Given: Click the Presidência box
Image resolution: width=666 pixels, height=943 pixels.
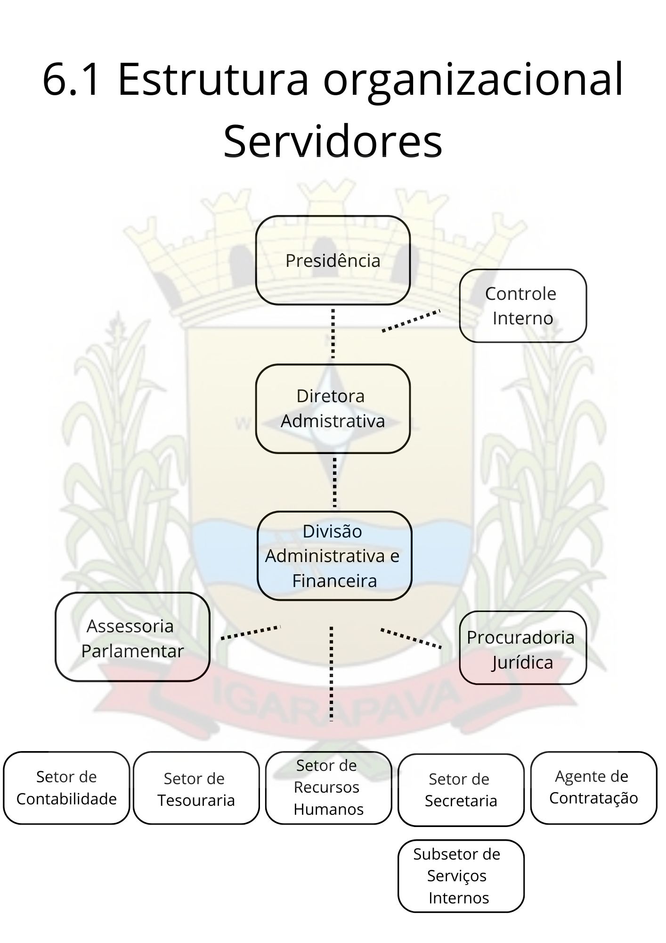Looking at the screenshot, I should (x=333, y=260).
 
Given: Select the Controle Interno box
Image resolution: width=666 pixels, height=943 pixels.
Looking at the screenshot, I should (x=523, y=306).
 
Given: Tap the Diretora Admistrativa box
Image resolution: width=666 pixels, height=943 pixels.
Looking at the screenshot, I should (x=333, y=408).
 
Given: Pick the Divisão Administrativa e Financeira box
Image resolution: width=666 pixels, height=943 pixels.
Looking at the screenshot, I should (x=334, y=555).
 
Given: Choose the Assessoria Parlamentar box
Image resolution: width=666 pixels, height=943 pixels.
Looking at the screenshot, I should (x=132, y=637).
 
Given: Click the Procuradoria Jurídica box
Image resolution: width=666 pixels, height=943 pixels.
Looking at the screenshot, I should (x=523, y=648).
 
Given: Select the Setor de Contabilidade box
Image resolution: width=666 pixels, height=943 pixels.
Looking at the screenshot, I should (x=66, y=788).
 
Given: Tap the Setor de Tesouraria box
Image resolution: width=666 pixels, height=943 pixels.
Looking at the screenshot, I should (x=196, y=788).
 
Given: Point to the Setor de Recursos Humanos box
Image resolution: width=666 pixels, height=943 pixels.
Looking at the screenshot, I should (x=328, y=788).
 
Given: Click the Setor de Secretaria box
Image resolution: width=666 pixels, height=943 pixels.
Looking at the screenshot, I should (x=461, y=790).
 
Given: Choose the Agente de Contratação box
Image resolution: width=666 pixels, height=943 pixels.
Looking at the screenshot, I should (x=593, y=788).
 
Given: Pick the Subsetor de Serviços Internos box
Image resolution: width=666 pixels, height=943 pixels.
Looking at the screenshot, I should (x=461, y=876).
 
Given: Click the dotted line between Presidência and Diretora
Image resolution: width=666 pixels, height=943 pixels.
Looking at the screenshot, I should (x=333, y=334).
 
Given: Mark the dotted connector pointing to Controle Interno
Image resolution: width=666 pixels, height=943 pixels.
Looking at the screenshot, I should (x=411, y=321).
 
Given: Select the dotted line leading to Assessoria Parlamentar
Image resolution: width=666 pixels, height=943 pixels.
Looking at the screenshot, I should (x=251, y=633).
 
